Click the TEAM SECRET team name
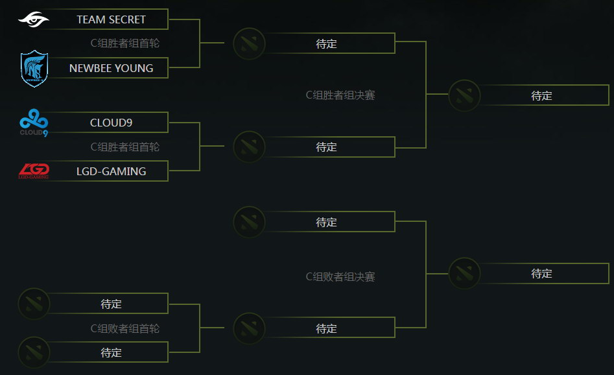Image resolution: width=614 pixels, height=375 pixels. coord(111,19)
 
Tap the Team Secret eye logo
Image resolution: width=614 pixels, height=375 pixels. coord(34,19)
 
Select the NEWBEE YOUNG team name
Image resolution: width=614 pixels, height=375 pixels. coord(111,68)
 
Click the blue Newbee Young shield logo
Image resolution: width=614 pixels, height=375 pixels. coord(34,69)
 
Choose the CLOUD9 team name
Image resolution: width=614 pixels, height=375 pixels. coord(111,123)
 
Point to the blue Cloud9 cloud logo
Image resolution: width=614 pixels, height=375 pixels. coord(34,123)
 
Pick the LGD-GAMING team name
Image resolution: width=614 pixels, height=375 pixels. coord(111,171)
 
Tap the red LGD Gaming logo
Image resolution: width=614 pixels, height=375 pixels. coord(34,171)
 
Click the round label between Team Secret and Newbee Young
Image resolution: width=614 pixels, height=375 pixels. coord(124,43)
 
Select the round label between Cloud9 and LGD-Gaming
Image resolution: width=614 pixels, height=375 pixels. coord(124,147)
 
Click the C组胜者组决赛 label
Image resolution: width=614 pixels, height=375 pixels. coord(340,95)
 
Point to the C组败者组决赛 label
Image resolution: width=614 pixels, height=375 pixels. coord(340,277)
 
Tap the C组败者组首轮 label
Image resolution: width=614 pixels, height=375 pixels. coord(124,329)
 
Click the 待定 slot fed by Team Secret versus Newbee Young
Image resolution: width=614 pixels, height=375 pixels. coord(326,44)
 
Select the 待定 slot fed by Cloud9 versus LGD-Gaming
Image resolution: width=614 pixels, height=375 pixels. coord(326,147)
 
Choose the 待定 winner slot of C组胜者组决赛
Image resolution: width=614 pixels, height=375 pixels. coord(541,96)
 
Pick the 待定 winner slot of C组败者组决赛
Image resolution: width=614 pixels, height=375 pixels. coord(541,274)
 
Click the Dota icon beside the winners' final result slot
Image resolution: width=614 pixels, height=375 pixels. coord(464,96)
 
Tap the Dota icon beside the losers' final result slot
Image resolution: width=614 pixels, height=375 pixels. coord(464,274)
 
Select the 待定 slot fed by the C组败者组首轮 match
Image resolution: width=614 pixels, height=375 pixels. coord(326,329)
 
